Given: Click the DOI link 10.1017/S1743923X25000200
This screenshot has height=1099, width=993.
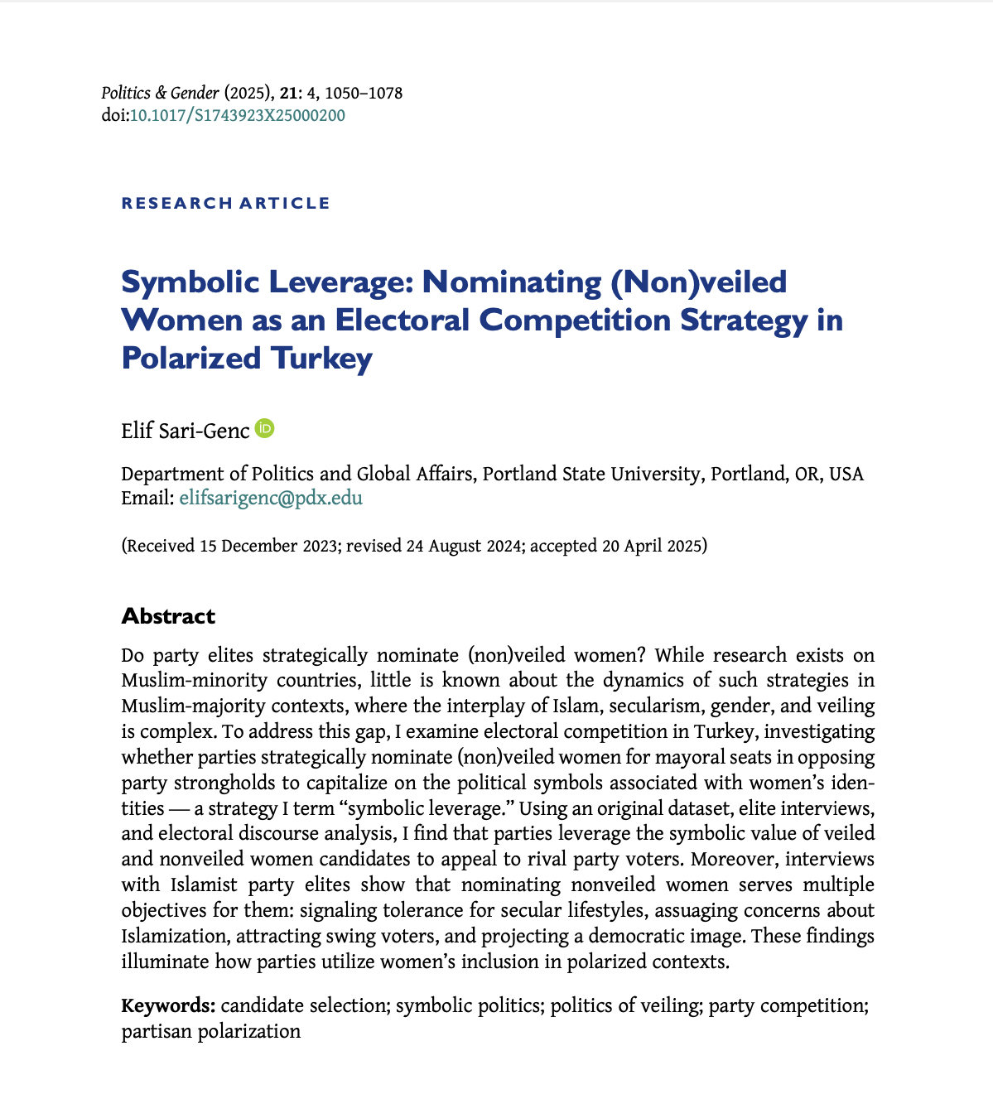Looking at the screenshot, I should point(238,115).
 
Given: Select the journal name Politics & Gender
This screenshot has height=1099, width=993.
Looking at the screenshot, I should point(160,93).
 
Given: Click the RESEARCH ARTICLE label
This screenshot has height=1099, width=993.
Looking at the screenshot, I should point(225,203).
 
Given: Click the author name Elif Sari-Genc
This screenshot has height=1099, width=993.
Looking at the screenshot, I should point(185,431).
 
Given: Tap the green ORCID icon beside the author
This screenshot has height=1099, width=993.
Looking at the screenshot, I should point(265,429).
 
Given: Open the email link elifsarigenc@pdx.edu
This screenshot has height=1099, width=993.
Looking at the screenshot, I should point(271,498).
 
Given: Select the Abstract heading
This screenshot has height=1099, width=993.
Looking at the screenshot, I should point(168,616).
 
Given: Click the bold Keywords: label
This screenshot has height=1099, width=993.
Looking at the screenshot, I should point(169,1006).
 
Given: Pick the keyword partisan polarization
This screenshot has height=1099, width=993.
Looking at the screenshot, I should point(211,1032).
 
